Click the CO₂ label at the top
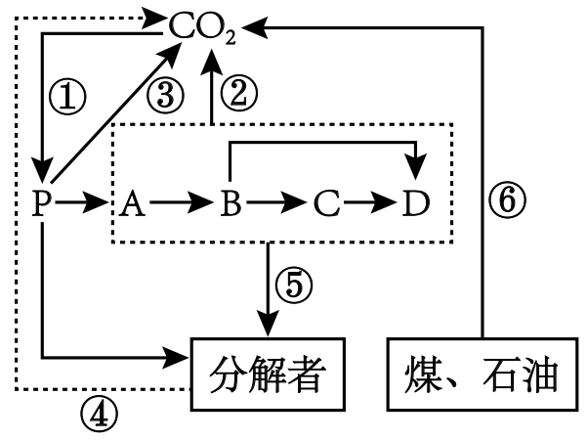tap(202, 28)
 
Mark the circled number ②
tap(237, 94)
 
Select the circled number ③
tap(165, 95)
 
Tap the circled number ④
tap(99, 415)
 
